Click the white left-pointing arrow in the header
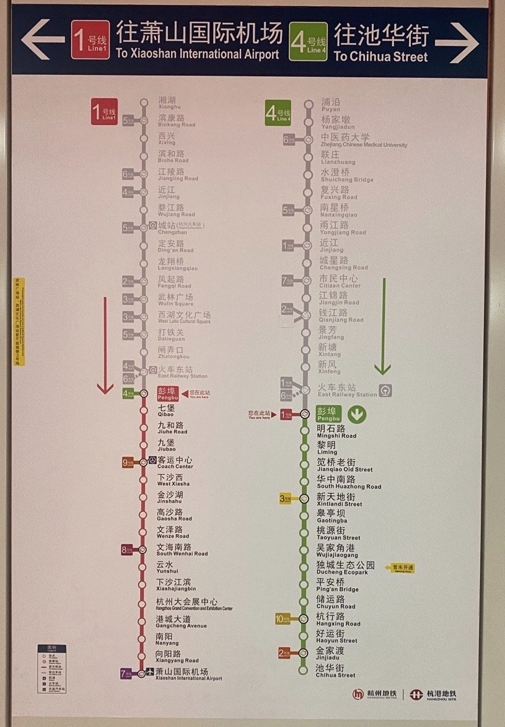(x=42, y=40)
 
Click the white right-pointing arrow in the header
(x=457, y=42)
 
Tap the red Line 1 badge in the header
(x=90, y=40)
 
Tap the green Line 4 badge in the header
(x=309, y=42)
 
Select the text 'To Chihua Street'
(x=380, y=56)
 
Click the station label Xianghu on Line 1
(x=167, y=103)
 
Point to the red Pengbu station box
(x=169, y=394)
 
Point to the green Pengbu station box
(x=329, y=414)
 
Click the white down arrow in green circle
(x=357, y=414)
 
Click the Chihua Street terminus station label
(x=335, y=671)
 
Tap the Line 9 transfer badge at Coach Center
(x=128, y=462)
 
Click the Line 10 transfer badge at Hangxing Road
(x=283, y=619)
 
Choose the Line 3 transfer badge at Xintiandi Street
(x=286, y=498)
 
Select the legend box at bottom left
(x=51, y=669)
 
